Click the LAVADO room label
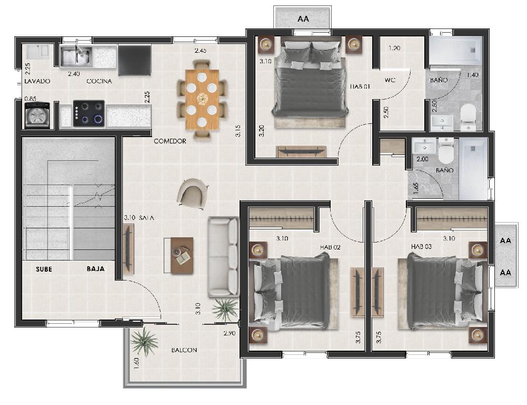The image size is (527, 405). [37, 81]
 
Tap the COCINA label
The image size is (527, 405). [99, 81]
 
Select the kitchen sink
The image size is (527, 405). [76, 56]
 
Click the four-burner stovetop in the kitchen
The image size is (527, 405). [89, 113]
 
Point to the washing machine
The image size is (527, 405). [37, 115]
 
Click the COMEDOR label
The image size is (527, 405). [170, 141]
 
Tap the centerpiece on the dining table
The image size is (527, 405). [202, 99]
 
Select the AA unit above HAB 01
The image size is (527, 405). [303, 17]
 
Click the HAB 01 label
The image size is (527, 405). [360, 86]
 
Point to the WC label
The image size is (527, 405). [390, 80]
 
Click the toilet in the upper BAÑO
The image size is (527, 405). [468, 117]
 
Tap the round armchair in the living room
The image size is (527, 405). [192, 194]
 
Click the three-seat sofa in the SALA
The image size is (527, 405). [223, 257]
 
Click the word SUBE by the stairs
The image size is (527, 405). [44, 269]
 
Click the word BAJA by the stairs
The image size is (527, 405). [95, 269]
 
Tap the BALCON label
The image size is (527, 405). [184, 350]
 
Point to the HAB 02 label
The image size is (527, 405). [330, 247]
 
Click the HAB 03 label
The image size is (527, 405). [421, 247]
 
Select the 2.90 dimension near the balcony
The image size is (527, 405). [229, 333]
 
